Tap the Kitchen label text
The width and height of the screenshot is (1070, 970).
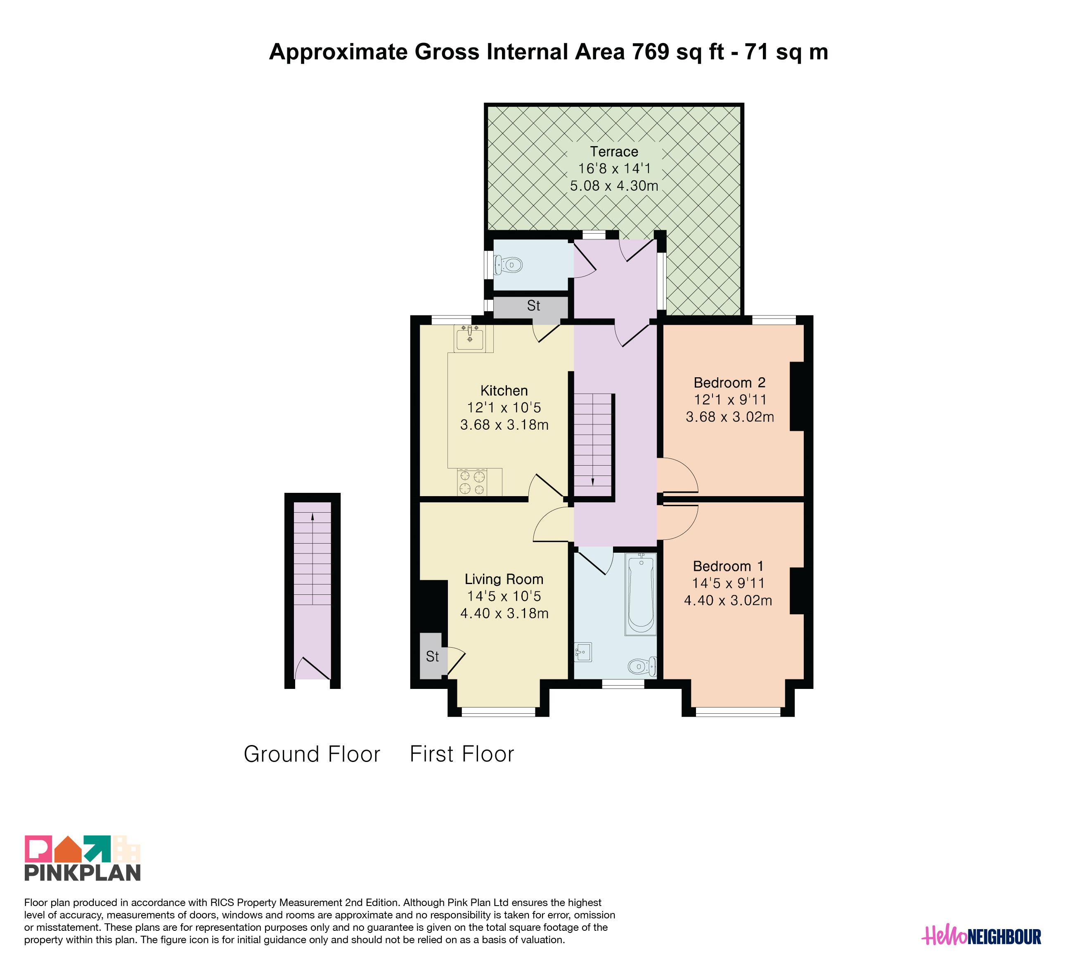click(x=504, y=390)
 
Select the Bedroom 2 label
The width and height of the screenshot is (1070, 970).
click(x=729, y=383)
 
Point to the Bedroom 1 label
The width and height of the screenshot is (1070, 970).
click(x=728, y=566)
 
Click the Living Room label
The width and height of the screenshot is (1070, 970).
click(x=504, y=579)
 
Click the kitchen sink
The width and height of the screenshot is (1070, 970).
click(x=470, y=338)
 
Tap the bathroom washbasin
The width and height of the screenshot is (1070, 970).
click(x=583, y=652)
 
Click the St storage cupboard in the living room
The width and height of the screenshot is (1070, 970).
click(x=433, y=656)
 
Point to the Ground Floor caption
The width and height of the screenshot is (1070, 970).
click(x=312, y=754)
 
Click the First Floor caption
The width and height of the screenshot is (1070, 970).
click(x=462, y=754)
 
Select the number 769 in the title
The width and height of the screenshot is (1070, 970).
click(x=651, y=52)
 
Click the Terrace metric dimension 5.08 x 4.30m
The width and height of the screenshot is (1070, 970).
click(x=614, y=186)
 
